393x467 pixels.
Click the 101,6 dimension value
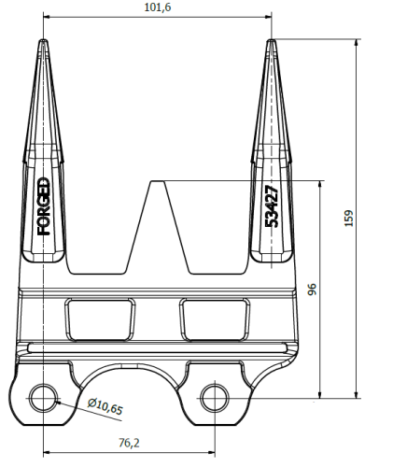point(158,7)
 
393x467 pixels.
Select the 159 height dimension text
point(349,219)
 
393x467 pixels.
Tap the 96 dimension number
point(312,289)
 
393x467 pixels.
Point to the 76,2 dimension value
point(129,443)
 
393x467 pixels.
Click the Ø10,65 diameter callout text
point(105,406)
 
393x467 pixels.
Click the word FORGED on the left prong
point(44,206)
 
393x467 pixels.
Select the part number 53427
point(272,206)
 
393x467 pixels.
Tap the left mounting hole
point(44,398)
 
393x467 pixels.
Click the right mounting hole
point(215,398)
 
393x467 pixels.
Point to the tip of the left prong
point(44,40)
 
